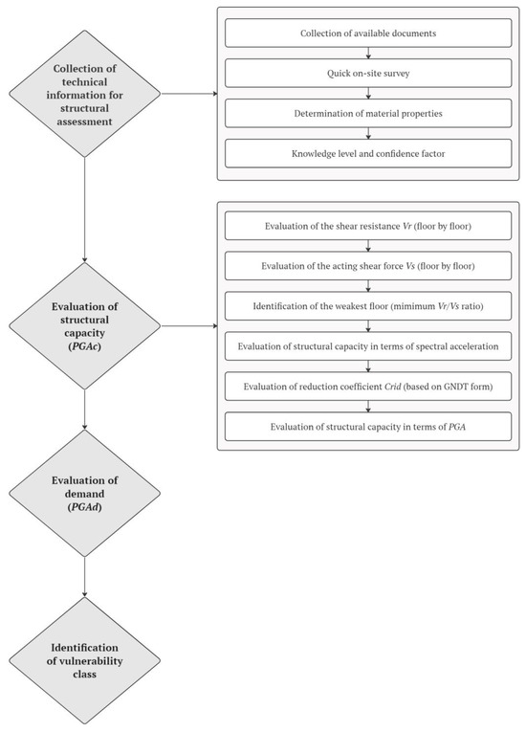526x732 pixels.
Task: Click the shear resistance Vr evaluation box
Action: (x=368, y=228)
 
